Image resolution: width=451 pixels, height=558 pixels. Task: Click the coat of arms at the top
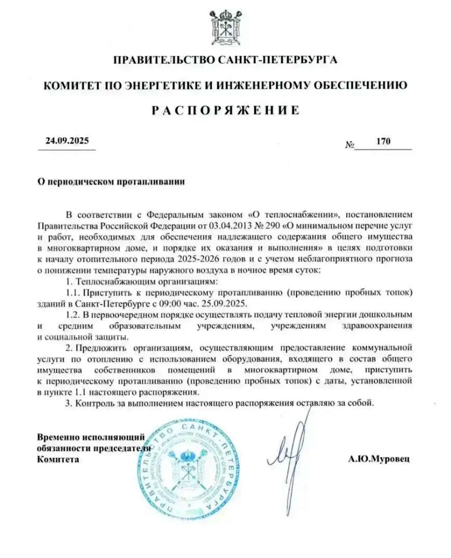[x=225, y=26]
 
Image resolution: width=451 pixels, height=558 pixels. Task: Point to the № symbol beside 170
[x=349, y=145]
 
